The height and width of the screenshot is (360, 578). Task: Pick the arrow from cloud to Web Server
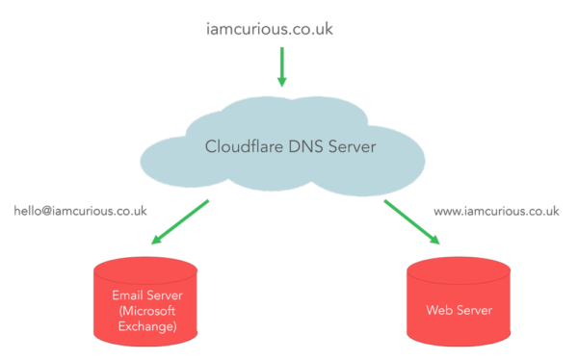click(412, 222)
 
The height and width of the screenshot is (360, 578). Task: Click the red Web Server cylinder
click(459, 306)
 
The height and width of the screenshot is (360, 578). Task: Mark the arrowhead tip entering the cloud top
click(282, 85)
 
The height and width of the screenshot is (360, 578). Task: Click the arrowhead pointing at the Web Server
click(435, 241)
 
